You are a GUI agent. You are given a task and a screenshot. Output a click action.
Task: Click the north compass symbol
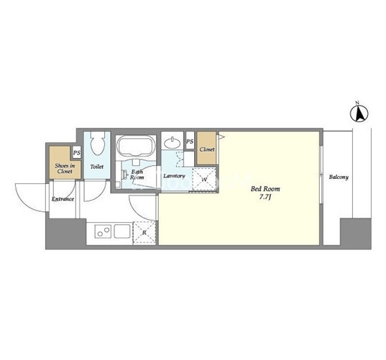[x=359, y=112]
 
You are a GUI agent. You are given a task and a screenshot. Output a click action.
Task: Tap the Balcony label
[x=339, y=177]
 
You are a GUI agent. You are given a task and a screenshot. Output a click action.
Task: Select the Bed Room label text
[x=265, y=189]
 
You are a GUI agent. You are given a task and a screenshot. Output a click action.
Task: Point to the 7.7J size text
[x=265, y=197]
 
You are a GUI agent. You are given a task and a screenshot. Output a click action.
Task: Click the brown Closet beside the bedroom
[x=207, y=148]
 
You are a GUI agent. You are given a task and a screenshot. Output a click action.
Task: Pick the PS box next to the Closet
[x=190, y=140]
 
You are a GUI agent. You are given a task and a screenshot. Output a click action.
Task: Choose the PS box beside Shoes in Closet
[x=77, y=152]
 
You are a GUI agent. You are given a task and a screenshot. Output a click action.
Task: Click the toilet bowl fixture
[x=98, y=143]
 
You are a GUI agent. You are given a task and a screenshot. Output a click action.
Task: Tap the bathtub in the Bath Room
[x=136, y=146]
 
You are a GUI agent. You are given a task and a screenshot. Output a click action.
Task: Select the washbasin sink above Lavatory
[x=173, y=143]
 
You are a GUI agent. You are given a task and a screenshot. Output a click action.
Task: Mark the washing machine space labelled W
[x=205, y=179]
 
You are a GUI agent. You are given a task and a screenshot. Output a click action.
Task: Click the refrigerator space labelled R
[x=144, y=233]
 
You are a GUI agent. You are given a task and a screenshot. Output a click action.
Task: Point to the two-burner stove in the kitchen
[x=103, y=231]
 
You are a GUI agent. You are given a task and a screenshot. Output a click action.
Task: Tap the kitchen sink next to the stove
[x=122, y=231]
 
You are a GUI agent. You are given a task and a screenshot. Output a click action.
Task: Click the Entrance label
[x=63, y=199]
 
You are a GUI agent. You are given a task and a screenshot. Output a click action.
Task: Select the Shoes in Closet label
[x=65, y=168]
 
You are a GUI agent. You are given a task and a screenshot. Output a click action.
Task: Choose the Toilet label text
[x=97, y=167]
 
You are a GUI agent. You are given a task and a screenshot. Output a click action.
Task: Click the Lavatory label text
[x=174, y=176]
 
